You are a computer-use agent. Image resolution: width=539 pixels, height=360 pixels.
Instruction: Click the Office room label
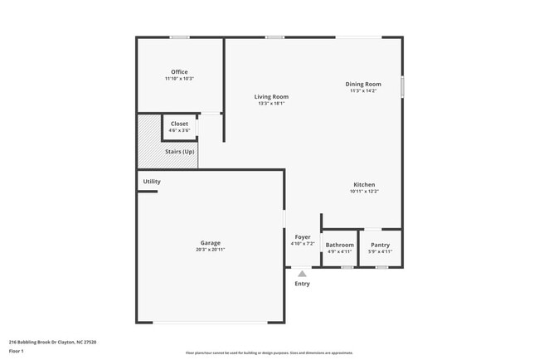click(180, 72)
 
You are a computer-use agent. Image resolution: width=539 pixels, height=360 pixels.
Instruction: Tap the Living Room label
click(271, 97)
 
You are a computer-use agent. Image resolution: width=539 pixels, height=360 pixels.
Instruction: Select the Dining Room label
click(363, 84)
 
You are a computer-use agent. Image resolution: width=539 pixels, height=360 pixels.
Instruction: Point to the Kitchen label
click(364, 184)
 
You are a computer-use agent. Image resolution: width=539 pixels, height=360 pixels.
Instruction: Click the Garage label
click(210, 242)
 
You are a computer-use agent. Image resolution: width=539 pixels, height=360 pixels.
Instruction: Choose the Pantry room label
click(380, 245)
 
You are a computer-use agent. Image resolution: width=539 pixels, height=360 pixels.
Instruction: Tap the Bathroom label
click(339, 245)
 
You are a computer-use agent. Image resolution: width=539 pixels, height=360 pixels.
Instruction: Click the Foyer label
click(302, 237)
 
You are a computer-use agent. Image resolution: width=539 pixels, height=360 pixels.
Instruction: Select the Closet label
click(179, 124)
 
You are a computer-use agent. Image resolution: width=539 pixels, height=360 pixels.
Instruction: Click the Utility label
click(152, 182)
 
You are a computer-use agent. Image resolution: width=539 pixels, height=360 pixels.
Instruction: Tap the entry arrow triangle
click(302, 273)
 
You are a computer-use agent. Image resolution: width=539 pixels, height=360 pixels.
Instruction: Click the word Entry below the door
click(302, 284)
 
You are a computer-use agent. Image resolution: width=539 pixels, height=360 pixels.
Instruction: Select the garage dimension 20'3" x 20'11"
click(210, 250)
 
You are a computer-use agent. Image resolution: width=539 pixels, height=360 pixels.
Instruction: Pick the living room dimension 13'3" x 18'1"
click(271, 105)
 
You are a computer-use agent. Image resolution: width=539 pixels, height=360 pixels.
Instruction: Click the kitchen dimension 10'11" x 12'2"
click(364, 192)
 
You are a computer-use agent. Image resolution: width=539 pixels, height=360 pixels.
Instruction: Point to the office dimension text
click(180, 79)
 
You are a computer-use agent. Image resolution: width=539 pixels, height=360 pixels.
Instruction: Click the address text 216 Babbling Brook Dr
click(41, 341)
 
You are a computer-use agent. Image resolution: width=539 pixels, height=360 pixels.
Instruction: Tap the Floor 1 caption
click(17, 351)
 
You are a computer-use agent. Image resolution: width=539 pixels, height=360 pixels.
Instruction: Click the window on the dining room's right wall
click(402, 87)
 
